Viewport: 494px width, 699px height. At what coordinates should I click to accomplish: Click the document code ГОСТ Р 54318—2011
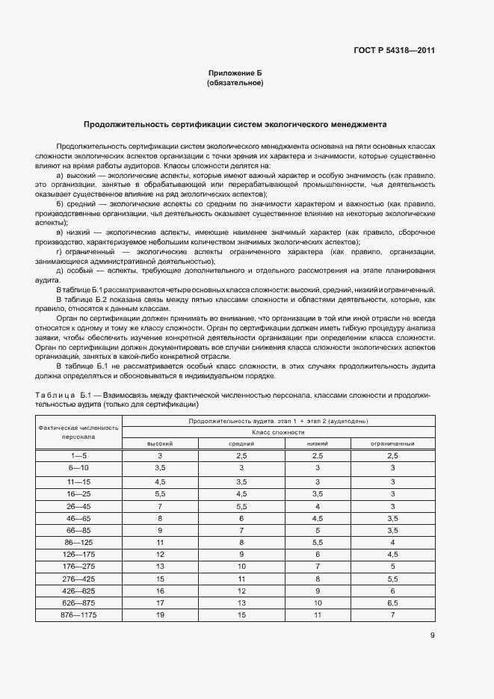point(394,51)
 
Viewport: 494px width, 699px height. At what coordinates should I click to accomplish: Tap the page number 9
point(432,635)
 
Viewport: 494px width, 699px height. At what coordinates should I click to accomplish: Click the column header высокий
point(159,443)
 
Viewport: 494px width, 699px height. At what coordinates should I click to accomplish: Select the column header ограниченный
point(392,443)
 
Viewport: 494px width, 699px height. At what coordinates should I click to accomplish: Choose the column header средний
point(241,443)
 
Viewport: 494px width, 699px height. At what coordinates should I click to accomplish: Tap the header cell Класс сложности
point(277,432)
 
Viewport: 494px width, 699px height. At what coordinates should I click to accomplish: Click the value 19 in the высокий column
point(159,615)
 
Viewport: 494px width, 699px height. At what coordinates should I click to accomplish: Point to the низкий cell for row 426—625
point(318,590)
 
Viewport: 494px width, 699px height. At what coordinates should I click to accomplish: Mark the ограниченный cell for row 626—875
point(392,602)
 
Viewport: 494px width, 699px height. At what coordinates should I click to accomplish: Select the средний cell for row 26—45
point(241,506)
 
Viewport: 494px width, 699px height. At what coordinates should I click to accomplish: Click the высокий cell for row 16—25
point(159,493)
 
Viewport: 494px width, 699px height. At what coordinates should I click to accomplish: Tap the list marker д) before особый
point(60,270)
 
